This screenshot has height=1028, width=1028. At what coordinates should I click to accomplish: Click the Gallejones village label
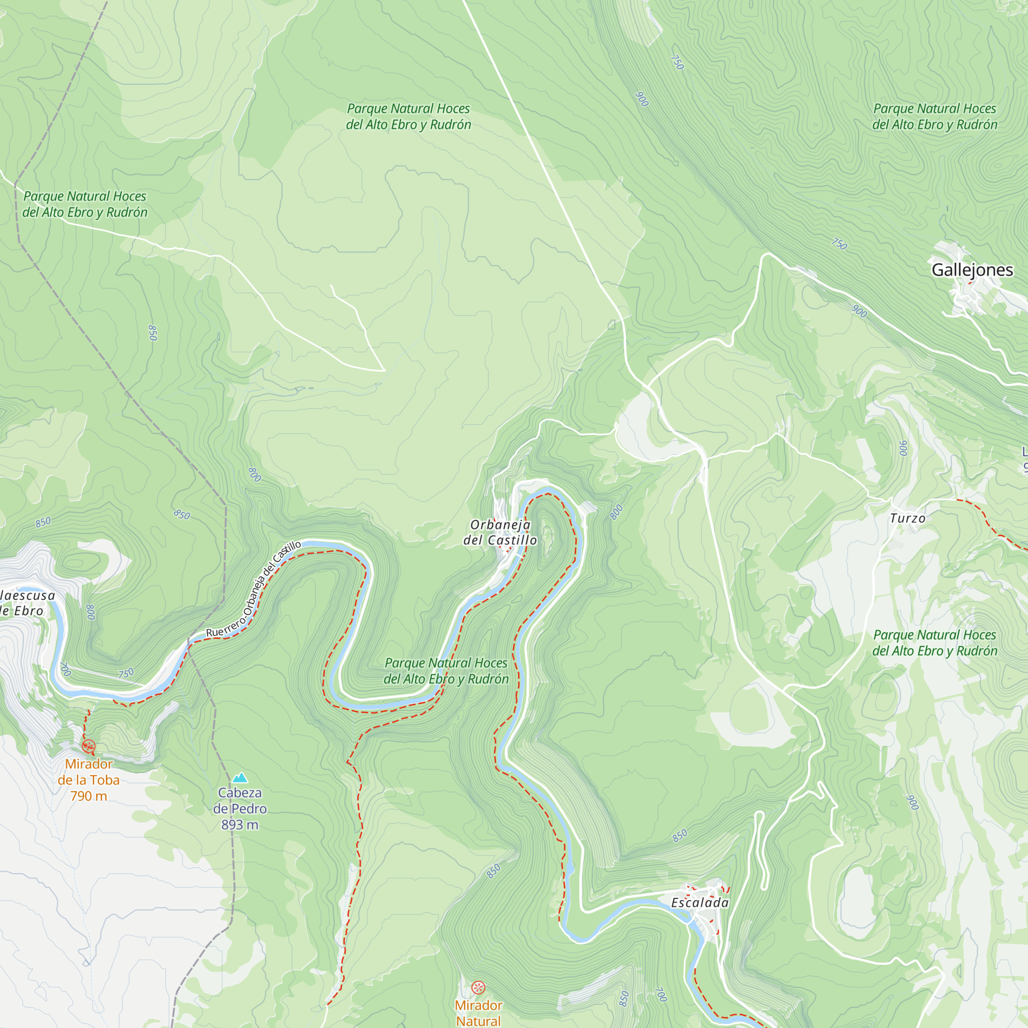972,270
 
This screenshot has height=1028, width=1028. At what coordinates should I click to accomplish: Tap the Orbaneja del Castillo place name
500,533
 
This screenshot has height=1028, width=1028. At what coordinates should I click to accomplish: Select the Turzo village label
907,518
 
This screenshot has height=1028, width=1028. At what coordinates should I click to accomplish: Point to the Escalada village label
700,903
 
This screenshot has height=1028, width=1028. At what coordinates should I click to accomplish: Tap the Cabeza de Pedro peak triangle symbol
240,777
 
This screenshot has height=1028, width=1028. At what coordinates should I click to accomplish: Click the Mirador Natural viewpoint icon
479,988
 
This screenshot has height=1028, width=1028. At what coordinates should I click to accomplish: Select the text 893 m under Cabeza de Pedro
240,825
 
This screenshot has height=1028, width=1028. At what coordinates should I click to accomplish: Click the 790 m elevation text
88,796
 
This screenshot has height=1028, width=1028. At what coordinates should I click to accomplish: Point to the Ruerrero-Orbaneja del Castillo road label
254,591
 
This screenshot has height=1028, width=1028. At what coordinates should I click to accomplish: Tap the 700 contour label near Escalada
660,995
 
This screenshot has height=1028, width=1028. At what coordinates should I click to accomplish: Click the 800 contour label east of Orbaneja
616,512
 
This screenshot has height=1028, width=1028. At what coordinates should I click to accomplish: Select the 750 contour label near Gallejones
839,244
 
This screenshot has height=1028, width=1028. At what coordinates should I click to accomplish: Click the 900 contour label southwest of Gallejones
859,311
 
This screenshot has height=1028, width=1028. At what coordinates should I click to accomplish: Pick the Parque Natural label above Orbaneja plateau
408,117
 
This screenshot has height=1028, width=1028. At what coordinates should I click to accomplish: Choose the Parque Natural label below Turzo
934,643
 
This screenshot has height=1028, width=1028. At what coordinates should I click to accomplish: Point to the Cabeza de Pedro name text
240,801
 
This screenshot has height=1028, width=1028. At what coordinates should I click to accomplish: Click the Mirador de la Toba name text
88,772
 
